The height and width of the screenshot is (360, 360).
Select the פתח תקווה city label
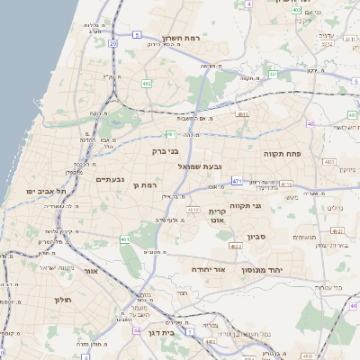point(282,154)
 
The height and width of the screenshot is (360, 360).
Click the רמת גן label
point(145,184)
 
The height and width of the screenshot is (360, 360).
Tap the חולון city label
point(61,299)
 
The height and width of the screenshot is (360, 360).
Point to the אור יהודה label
point(208,269)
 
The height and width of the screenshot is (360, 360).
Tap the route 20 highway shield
point(112,42)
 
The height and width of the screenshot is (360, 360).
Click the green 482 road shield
point(146,84)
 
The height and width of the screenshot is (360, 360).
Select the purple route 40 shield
point(311,124)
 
